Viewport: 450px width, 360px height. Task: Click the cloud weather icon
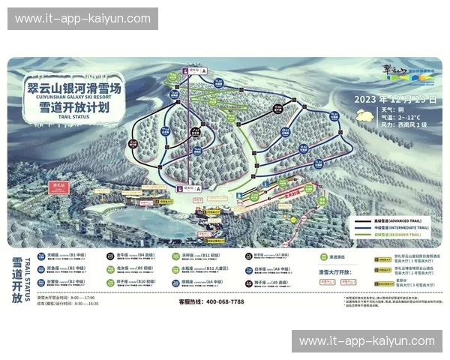(365, 115)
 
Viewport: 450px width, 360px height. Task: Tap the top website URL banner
(82, 19)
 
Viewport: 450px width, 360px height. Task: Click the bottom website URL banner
(367, 341)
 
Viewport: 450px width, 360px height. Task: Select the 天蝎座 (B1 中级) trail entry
(64, 255)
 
